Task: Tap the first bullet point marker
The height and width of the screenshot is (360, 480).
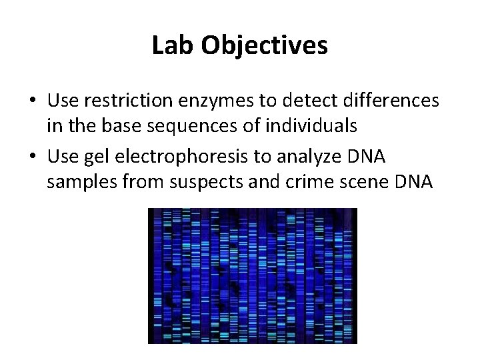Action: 33,101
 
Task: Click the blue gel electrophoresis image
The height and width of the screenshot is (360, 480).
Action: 253,275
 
